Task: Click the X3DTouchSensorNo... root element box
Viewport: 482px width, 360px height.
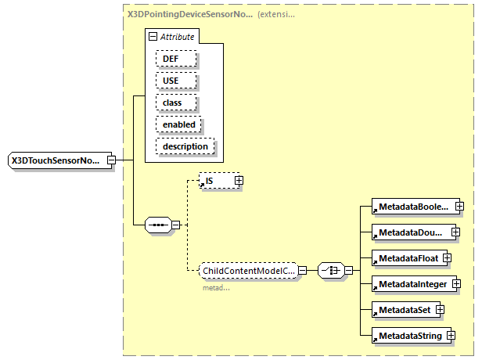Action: point(56,161)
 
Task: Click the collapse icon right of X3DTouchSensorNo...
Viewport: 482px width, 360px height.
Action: point(111,161)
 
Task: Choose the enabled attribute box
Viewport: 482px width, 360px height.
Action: point(179,124)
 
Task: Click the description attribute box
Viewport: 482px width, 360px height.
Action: point(185,146)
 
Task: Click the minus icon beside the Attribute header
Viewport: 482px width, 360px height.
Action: point(153,37)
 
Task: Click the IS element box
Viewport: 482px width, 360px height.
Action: point(216,181)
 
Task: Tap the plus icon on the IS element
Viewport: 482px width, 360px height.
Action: point(239,181)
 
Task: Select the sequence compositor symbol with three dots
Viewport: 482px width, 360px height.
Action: point(159,225)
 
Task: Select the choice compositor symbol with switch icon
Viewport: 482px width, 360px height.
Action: point(332,271)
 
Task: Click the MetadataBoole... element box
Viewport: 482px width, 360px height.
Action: point(412,207)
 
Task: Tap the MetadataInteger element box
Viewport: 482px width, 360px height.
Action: point(410,283)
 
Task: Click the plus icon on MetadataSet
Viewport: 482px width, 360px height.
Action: point(440,309)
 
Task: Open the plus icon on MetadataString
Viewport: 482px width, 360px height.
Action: point(451,336)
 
